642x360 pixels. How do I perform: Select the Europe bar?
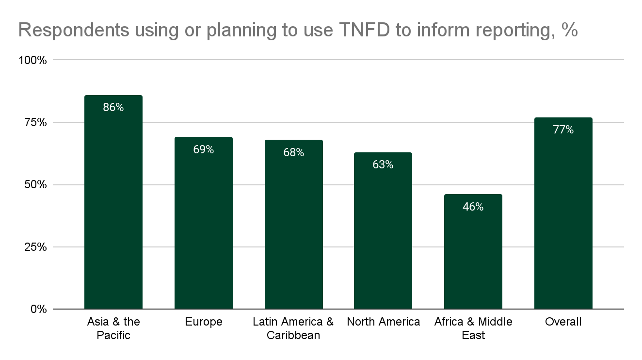203,223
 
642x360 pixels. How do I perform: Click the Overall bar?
563,213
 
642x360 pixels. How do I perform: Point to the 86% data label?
113,108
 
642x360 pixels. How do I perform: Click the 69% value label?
203,149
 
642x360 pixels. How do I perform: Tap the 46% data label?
473,207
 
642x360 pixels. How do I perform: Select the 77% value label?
563,130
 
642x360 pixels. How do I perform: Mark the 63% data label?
383,165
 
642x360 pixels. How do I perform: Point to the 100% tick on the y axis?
32,61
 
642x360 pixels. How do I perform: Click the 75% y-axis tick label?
35,123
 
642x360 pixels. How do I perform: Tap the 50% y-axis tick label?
35,185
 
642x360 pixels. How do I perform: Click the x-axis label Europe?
203,322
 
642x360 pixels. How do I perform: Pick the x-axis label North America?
383,322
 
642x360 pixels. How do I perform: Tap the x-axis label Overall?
563,322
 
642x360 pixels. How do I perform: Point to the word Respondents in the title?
73,30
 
